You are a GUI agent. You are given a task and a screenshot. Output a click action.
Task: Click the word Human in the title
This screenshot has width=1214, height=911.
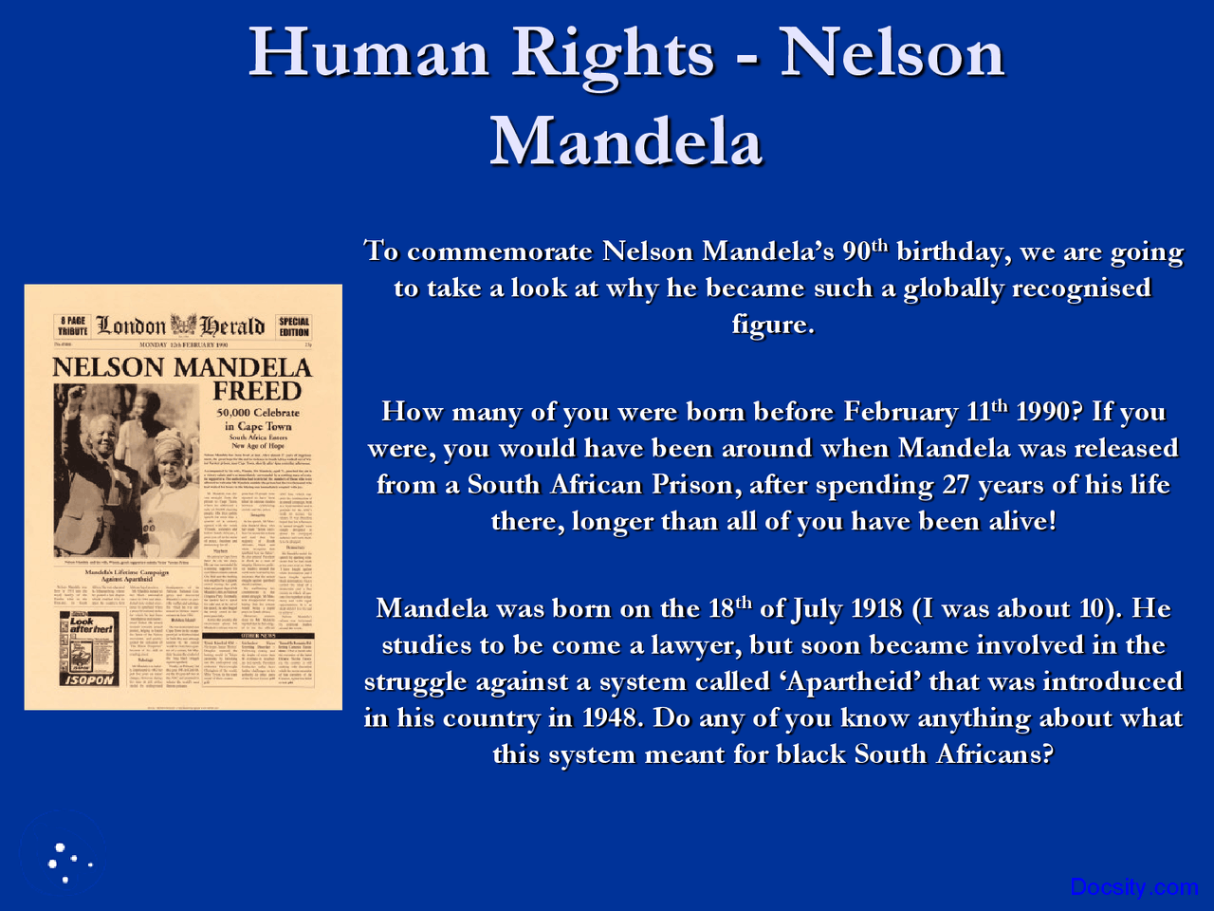368,53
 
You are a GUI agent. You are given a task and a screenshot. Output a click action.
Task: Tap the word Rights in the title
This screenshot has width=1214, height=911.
613,53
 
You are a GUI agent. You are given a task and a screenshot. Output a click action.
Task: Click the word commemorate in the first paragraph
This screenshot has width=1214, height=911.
499,251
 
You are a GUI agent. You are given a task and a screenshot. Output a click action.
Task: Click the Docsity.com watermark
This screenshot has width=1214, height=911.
1133,887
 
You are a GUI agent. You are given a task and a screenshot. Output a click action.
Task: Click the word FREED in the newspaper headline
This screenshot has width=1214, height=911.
257,391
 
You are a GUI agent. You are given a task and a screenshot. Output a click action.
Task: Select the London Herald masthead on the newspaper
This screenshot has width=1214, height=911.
181,325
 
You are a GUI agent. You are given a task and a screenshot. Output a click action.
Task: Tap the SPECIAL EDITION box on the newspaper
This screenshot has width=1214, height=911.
294,326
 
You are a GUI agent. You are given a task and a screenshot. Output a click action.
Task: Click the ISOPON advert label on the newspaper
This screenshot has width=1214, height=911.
89,679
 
